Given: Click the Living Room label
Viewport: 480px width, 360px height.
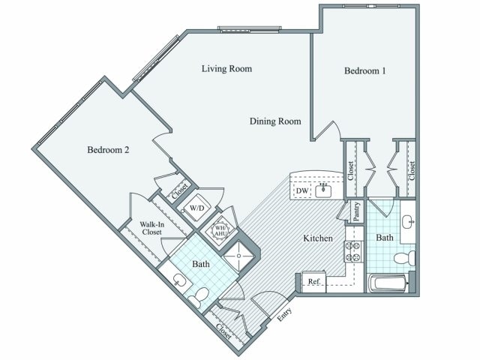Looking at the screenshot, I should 226,69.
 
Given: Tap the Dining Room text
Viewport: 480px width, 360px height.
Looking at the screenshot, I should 275,121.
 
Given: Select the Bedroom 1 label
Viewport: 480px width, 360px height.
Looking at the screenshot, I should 364,71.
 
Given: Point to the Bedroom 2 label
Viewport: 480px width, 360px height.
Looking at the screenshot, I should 109,150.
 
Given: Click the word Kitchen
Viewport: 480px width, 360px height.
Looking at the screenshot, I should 317,238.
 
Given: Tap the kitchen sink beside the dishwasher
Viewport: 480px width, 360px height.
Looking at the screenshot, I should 323,190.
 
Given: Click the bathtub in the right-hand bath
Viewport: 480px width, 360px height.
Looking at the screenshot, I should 388,283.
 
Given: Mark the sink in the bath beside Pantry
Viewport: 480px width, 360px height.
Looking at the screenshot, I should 407,223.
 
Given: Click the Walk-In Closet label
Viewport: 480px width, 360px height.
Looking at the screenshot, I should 152,227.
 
